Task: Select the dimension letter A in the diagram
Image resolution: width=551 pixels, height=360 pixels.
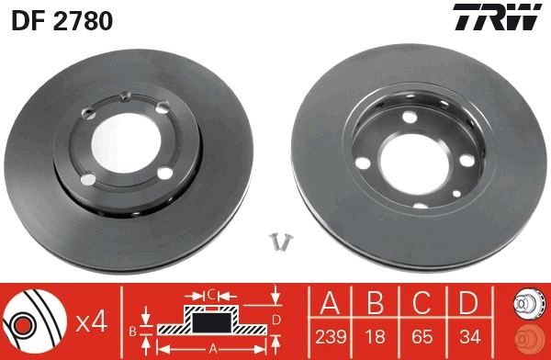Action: pyautogui.click(x=213, y=348)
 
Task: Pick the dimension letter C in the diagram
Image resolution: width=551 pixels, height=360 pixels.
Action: pyautogui.click(x=209, y=294)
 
